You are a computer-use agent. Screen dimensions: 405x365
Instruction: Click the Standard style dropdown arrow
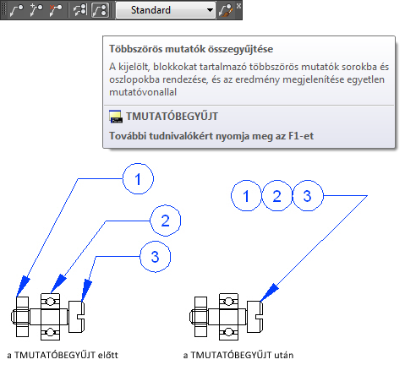[x=210, y=10]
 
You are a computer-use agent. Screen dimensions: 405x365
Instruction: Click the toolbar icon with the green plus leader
[x=36, y=10]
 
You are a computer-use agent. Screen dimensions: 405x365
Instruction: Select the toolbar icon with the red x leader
[x=56, y=10]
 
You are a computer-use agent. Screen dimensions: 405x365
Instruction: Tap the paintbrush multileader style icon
[x=226, y=10]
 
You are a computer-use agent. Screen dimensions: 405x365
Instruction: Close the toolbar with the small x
[x=238, y=6]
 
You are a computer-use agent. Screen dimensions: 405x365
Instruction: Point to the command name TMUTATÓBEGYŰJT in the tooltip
[x=172, y=116]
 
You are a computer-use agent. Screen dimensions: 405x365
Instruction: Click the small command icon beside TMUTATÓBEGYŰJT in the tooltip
[x=116, y=117]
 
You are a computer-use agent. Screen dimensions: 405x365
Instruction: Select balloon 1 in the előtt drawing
[x=138, y=178]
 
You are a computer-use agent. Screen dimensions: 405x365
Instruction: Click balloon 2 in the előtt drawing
[x=165, y=221]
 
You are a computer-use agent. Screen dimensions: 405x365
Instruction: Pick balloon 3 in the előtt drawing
[x=156, y=257]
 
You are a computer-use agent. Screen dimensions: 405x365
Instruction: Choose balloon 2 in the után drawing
[x=277, y=196]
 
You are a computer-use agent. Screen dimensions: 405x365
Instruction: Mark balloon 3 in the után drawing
[x=308, y=196]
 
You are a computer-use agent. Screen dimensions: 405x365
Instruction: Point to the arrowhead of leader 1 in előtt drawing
[x=23, y=286]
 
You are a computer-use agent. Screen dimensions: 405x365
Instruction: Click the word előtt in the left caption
[x=107, y=355]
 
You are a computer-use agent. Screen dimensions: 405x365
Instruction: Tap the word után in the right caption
[x=284, y=355]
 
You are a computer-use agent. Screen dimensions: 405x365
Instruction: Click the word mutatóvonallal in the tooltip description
[x=143, y=92]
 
